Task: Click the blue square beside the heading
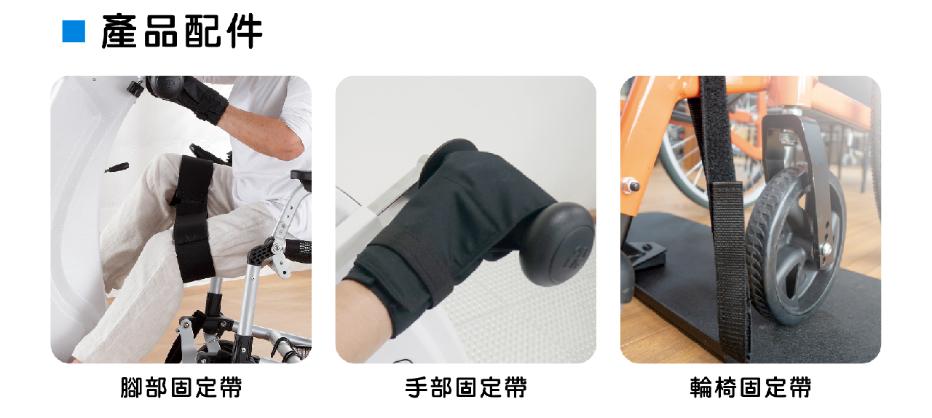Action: [74, 31]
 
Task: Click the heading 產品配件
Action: [182, 31]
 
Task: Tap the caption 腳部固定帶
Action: [181, 387]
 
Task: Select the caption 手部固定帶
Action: [466, 387]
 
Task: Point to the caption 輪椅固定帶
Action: [751, 387]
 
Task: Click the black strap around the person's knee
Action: [192, 218]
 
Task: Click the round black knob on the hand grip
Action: [558, 243]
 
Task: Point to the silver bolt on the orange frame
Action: [631, 186]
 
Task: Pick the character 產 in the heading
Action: [119, 31]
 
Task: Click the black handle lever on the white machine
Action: [116, 167]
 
